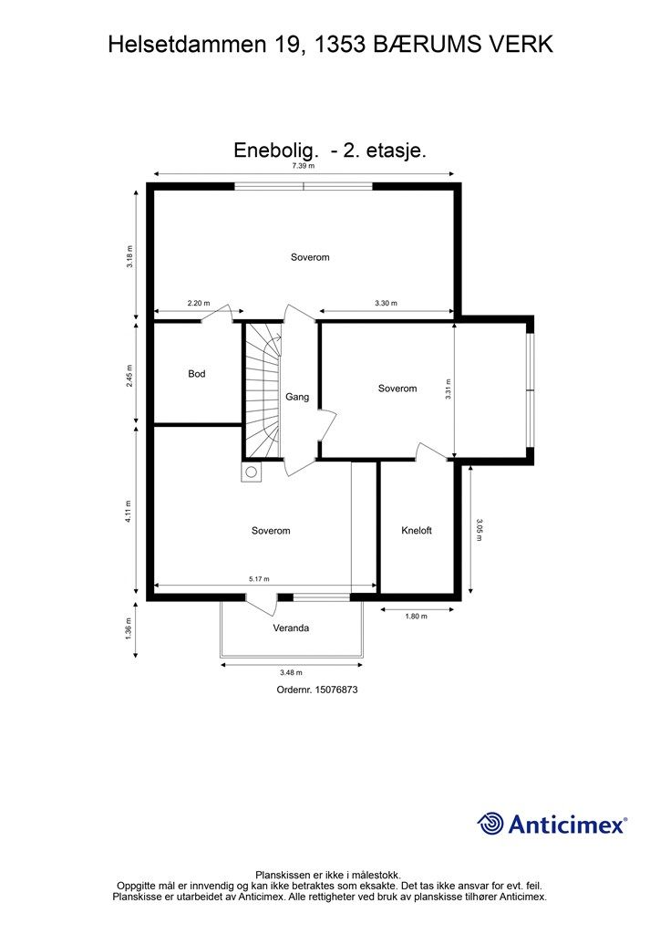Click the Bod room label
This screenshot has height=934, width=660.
pos(197,374)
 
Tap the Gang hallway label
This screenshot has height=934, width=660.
pos(297,397)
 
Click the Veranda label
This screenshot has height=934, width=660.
pos(291,628)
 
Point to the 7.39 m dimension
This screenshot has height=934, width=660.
pos(304,166)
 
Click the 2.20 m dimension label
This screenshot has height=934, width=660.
pos(199,303)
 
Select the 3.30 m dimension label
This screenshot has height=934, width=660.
pos(386,303)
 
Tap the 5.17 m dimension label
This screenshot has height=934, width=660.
pos(259,578)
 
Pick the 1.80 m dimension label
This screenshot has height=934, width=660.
pos(416,617)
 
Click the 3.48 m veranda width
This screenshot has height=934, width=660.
pos(292,673)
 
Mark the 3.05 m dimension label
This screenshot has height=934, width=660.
pos(480,530)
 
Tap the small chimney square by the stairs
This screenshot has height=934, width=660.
pos(250,472)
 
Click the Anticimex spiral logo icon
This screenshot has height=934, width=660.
pos(491,824)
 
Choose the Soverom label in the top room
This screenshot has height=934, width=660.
pos(310,257)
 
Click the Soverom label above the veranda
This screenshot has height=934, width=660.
pos(271,531)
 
